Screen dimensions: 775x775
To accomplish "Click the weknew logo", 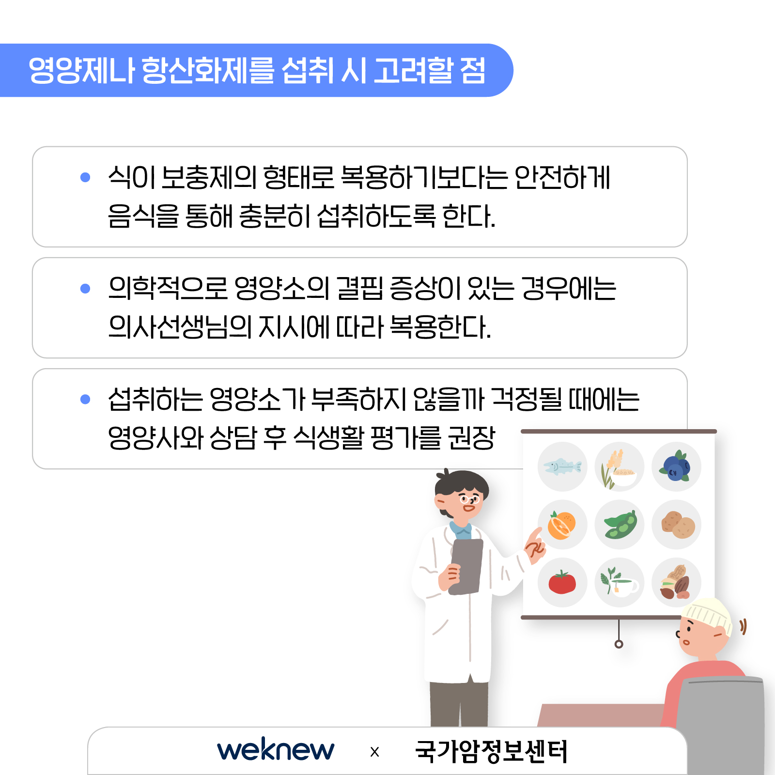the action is point(276,750).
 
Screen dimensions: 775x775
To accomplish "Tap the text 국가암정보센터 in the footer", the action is point(491,751).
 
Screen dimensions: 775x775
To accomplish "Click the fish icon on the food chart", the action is point(562,466).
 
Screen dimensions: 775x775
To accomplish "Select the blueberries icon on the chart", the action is point(676,466).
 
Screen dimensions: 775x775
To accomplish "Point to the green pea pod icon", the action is point(620,525).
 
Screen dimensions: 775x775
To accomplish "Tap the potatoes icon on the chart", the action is point(678,525).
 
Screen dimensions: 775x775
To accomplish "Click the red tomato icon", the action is point(562,582).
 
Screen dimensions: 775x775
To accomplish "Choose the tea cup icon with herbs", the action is point(620,581).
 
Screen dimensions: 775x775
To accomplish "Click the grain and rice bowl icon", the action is point(619,467).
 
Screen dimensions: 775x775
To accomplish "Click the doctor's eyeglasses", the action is point(469,499).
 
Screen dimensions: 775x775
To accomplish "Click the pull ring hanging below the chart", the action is point(619,644).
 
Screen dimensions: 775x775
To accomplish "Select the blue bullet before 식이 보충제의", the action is point(85,177).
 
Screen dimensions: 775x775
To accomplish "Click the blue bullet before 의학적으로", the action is point(85,289).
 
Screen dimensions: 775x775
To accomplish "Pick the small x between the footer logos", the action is point(374,752).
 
